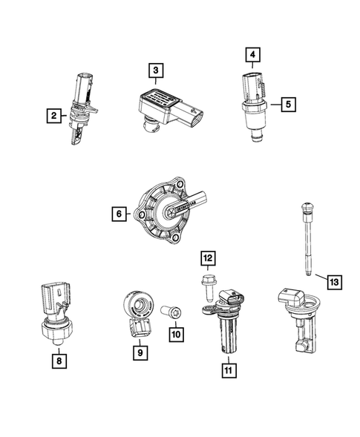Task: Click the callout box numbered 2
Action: point(53,115)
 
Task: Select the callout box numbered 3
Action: point(155,70)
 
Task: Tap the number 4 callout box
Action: point(252,54)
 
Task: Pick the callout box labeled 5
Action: point(286,105)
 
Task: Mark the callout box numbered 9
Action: point(140,353)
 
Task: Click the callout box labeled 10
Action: point(175,335)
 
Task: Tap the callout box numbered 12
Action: point(208,257)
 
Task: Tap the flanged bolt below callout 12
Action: point(207,285)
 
